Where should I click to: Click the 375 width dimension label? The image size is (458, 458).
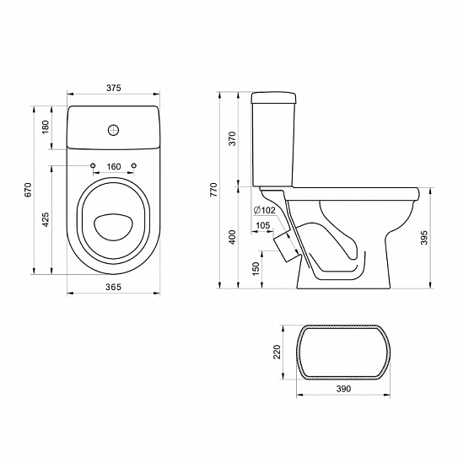tap(113, 88)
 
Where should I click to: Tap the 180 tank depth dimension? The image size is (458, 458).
tap(46, 127)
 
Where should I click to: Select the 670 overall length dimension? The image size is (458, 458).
tap(28, 190)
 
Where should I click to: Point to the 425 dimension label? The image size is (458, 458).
tap(46, 219)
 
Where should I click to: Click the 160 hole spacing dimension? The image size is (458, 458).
tap(114, 166)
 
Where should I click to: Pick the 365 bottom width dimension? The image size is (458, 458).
tap(113, 287)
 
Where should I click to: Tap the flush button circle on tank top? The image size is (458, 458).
tap(114, 130)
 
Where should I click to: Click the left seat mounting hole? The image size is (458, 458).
tap(93, 165)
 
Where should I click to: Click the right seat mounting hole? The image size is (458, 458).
tap(134, 165)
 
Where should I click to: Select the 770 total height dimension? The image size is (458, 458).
tap(213, 190)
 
